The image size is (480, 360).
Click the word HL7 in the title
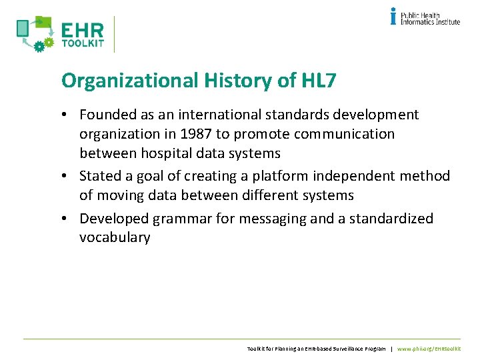319,81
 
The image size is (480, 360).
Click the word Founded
108,115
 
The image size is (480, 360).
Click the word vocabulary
115,238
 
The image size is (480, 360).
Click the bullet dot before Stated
69,177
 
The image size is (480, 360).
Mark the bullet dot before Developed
69,219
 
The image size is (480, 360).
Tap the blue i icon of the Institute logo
393,16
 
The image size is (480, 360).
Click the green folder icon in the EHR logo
43,23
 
